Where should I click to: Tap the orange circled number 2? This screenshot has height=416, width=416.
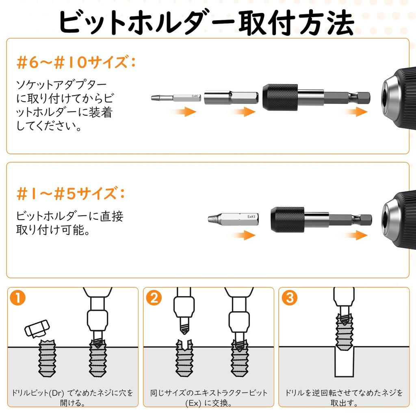tap(154, 298)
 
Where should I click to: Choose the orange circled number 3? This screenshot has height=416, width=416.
tap(289, 298)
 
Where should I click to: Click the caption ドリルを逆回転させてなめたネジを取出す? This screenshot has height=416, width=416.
tap(344, 398)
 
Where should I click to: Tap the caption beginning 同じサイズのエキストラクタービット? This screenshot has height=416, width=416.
tap(209, 398)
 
